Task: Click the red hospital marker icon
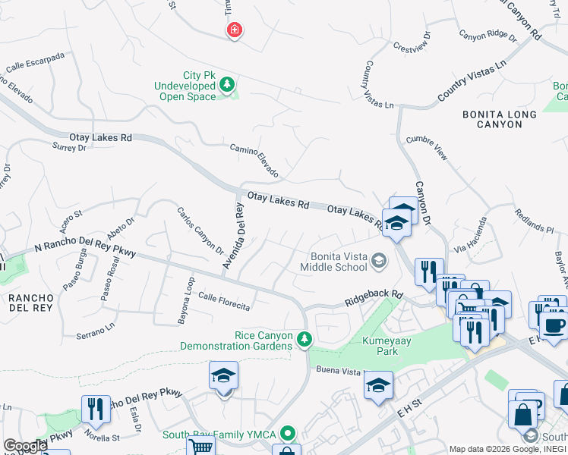[x=235, y=30]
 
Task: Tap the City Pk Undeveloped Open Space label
[x=185, y=86]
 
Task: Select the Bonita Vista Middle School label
[x=334, y=262]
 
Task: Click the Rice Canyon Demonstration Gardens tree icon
[x=305, y=337]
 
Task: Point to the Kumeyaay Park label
[x=387, y=346]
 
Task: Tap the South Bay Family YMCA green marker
[x=288, y=434]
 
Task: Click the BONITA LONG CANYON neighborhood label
[x=500, y=119]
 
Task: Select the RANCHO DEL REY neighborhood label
[x=30, y=303]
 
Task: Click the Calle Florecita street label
[x=224, y=301]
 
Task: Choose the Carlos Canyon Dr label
[x=200, y=231]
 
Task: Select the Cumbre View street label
[x=427, y=147]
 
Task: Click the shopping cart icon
[x=200, y=447]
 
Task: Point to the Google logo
[x=25, y=446]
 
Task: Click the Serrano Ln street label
[x=95, y=330]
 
